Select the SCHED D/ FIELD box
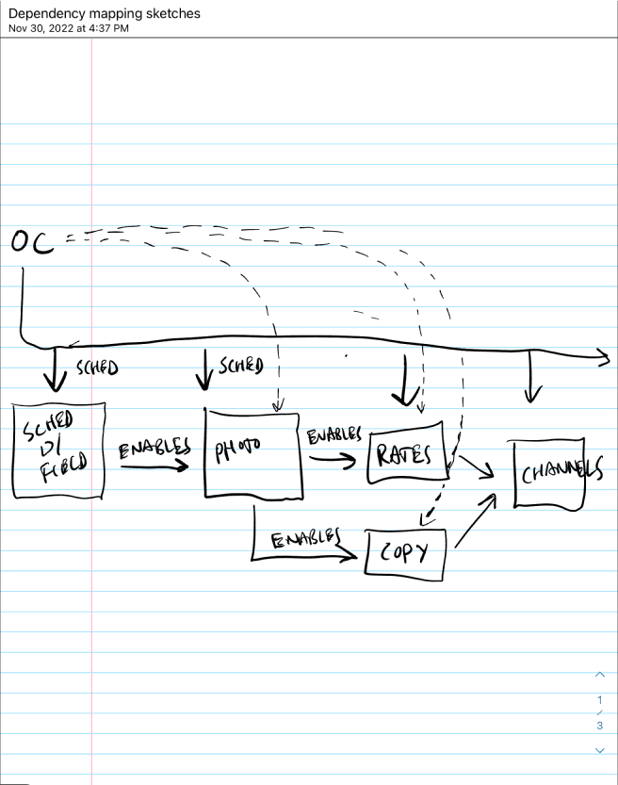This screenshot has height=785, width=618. pos(58,450)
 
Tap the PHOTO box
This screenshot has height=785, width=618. pos(252,451)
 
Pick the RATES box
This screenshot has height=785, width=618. pos(404,456)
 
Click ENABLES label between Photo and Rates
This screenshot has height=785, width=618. pos(333,436)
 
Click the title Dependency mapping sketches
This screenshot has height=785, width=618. pos(104,14)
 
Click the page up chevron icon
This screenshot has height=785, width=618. pos(599,675)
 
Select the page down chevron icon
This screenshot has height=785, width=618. pos(599,750)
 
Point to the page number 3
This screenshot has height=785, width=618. pos(599,727)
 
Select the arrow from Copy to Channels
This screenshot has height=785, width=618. pos(475,521)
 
